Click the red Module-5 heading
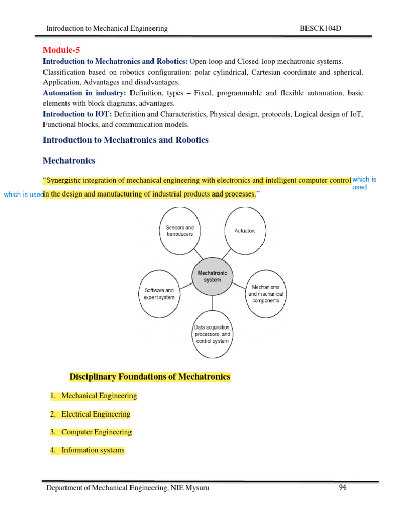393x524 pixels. [61, 50]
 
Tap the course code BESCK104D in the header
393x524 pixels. [320, 28]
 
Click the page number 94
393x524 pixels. [342, 487]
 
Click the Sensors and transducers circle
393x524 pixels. [180, 230]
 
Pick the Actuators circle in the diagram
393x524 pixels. [245, 231]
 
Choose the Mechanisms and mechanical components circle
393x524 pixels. [266, 294]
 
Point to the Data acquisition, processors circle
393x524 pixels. [212, 334]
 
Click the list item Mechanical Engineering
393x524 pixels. [99, 396]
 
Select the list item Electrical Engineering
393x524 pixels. [96, 414]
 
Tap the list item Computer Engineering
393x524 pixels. [96, 432]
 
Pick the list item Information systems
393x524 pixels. [93, 450]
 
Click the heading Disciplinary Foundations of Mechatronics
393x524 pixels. [150, 377]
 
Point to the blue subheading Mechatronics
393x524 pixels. [69, 161]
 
